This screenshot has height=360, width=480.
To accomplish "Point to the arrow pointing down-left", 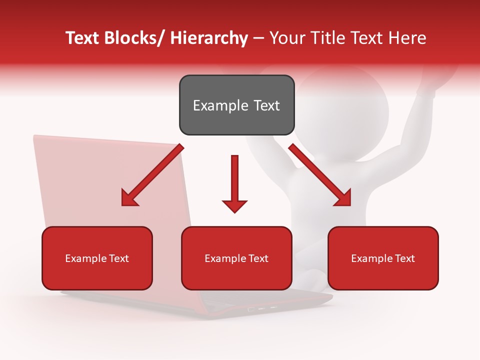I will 152,175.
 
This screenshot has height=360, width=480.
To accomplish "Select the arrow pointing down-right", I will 320,175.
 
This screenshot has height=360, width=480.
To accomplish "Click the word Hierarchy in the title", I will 209,38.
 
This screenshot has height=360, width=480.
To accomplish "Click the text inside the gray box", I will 236,105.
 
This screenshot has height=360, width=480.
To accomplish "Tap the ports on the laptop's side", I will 262,309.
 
